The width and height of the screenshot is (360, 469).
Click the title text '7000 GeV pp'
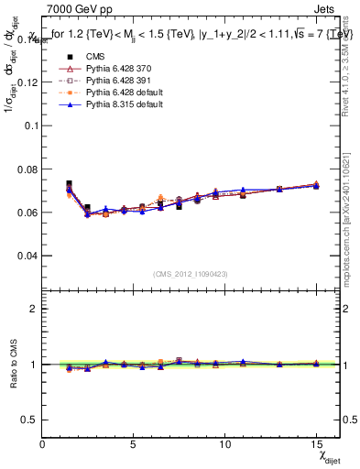coord(74,9)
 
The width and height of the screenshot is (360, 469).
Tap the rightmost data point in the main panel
coord(316,185)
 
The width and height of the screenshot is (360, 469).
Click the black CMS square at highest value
coord(69,184)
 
